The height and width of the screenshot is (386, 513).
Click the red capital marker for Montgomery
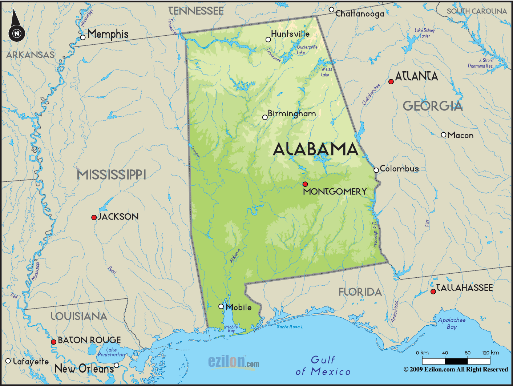click(x=305, y=184)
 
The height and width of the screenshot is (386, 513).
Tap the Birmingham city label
click(x=291, y=114)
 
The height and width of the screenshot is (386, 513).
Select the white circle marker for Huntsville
click(x=268, y=40)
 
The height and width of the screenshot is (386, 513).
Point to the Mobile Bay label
click(x=231, y=329)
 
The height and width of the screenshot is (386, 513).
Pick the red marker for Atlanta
click(x=391, y=82)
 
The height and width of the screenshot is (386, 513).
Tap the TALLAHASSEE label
click(x=464, y=288)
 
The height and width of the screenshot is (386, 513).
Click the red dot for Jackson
click(x=94, y=217)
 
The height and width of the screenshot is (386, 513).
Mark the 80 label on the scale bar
click(x=468, y=353)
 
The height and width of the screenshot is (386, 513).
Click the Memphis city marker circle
click(x=83, y=37)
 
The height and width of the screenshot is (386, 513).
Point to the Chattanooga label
click(x=360, y=14)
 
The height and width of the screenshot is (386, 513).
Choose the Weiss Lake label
click(x=326, y=72)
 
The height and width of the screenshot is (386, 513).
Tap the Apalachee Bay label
click(x=452, y=323)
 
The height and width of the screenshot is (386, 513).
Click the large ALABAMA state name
click(x=315, y=149)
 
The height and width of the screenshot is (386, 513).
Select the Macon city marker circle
click(x=443, y=135)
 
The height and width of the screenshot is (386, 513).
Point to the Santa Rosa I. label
click(x=290, y=327)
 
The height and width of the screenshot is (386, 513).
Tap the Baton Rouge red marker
click(x=53, y=342)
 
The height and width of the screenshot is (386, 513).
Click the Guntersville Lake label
click(x=307, y=50)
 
